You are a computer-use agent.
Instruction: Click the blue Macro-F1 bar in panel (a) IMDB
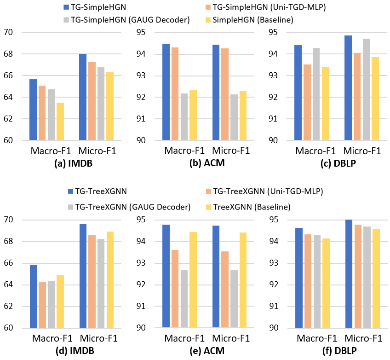(33, 110)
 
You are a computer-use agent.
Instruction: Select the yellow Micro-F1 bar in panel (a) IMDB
(110, 106)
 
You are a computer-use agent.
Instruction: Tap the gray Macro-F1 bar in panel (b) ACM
(184, 117)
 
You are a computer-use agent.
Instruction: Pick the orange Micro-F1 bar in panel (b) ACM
(225, 94)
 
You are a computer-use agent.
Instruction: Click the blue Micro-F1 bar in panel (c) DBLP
(348, 88)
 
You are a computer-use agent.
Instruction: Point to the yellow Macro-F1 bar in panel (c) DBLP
(325, 104)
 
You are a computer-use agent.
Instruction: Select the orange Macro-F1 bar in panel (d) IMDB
(42, 305)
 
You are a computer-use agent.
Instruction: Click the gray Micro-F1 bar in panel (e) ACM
(234, 299)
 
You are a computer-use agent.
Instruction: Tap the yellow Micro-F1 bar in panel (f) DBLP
(376, 279)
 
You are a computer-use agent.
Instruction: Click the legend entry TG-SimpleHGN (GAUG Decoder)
(127, 20)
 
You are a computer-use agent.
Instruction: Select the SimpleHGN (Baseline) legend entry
(249, 20)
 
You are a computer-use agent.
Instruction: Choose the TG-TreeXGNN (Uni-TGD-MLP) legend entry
(264, 191)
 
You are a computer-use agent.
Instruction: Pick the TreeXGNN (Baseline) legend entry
(248, 207)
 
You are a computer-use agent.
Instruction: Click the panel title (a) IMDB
(74, 163)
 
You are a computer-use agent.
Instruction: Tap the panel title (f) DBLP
(339, 351)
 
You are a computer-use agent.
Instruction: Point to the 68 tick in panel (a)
(8, 54)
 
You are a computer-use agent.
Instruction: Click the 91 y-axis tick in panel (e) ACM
(141, 306)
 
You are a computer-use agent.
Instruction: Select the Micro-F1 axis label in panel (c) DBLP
(362, 151)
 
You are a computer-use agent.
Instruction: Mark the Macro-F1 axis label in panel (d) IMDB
(52, 338)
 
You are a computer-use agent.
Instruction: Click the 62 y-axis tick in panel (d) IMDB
(8, 306)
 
